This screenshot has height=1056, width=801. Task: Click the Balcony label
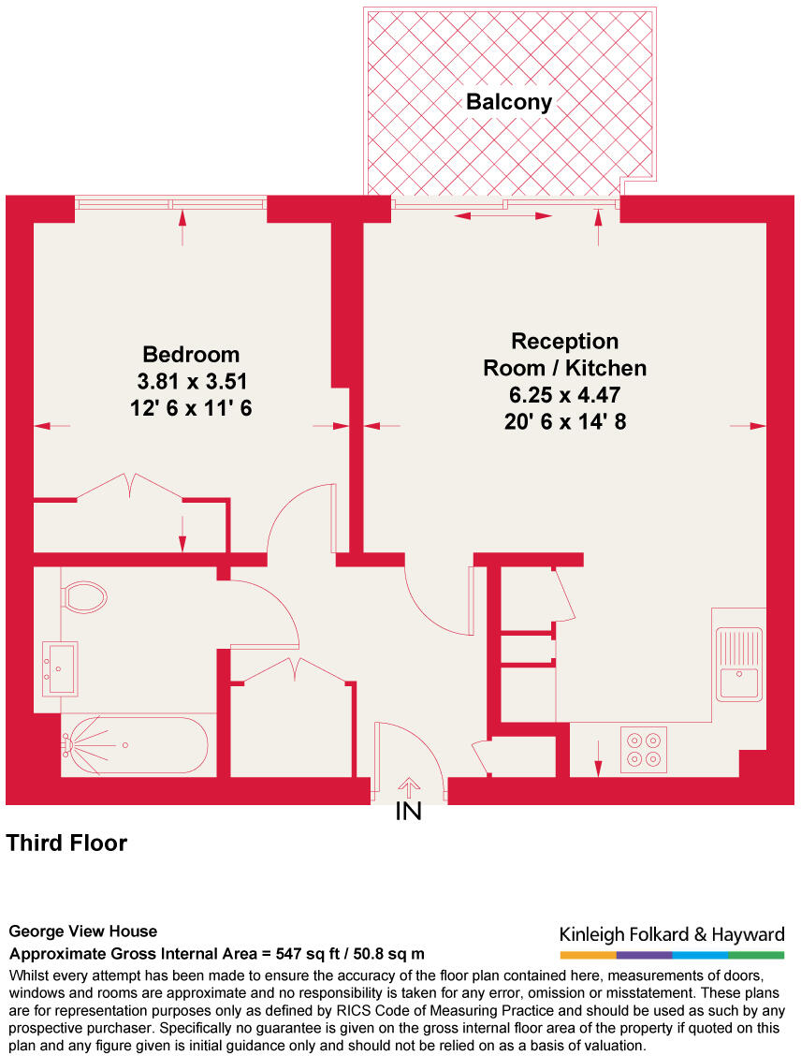[509, 102]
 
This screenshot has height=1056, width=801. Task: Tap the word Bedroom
[191, 355]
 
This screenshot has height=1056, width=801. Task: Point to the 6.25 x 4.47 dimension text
[564, 395]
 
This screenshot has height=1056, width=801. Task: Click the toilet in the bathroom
[83, 596]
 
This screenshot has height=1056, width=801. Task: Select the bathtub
[136, 746]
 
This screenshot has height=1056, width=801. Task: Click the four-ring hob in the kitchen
[644, 749]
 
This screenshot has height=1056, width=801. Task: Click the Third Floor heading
[66, 843]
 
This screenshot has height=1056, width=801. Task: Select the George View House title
[83, 931]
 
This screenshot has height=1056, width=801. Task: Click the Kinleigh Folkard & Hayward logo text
[672, 934]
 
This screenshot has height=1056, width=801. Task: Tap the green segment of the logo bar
[756, 955]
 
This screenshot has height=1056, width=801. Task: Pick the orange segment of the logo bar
[588, 955]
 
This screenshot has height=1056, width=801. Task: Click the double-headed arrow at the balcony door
[503, 216]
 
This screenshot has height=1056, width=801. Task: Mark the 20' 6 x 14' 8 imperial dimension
[564, 422]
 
